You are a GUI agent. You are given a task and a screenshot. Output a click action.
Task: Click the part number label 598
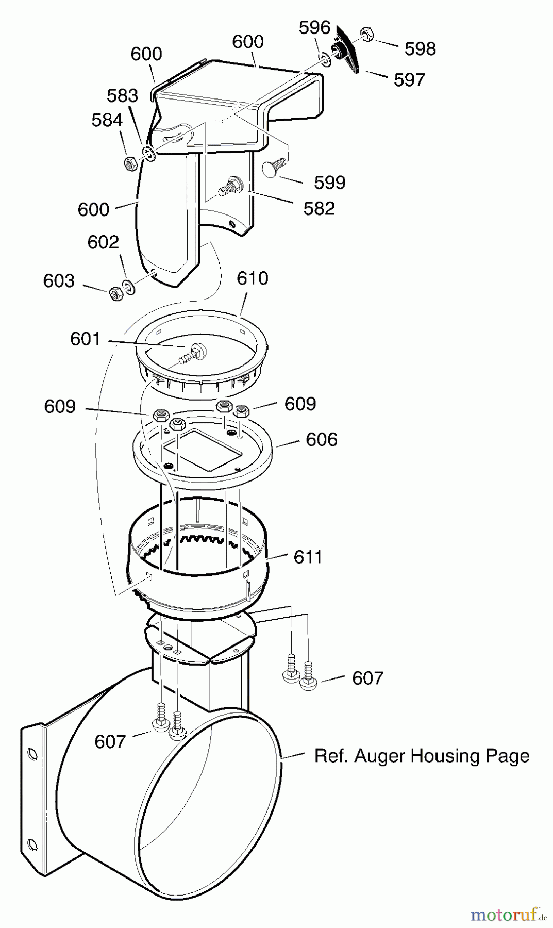point(420,49)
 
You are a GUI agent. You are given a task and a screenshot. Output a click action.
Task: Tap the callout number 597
point(409,80)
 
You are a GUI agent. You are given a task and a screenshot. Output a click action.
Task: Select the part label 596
point(314,27)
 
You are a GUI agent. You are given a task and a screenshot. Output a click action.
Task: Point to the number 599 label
point(330,183)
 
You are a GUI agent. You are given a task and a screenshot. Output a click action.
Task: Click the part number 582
point(319,208)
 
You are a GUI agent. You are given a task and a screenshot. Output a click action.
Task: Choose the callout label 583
point(123,95)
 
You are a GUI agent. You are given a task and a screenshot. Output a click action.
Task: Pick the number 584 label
point(107,120)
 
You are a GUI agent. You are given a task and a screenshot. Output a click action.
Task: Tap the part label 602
point(103,242)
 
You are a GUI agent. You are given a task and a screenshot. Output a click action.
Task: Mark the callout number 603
point(59,280)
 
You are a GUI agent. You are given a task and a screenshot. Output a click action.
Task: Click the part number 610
point(253,278)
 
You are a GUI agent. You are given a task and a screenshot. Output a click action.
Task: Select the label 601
point(85,339)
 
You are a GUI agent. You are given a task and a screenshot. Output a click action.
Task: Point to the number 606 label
point(322,440)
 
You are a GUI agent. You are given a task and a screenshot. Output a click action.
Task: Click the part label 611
point(308,557)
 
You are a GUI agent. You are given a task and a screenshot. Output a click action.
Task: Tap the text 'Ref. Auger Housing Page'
point(422,756)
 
